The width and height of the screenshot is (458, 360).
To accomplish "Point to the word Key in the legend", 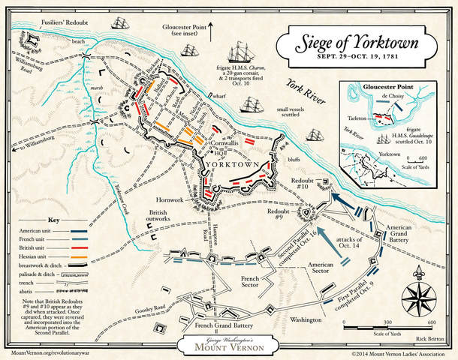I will tap(53, 220).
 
